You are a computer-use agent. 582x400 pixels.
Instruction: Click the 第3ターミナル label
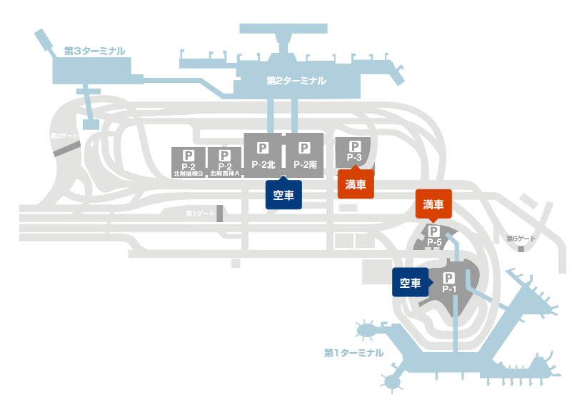click(94, 51)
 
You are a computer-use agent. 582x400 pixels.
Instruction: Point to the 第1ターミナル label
click(353, 353)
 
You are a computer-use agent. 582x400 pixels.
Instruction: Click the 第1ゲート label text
click(200, 214)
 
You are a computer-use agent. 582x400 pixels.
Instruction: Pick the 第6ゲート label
click(521, 239)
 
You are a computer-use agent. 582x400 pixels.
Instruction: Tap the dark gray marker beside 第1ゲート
click(220, 214)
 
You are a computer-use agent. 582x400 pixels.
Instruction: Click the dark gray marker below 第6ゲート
click(522, 249)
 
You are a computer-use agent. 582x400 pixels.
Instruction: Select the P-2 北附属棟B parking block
click(189, 162)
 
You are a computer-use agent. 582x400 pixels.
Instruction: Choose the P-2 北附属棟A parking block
click(224, 162)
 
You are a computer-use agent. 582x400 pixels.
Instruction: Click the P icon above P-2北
click(263, 149)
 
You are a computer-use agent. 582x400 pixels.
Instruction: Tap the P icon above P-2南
click(304, 149)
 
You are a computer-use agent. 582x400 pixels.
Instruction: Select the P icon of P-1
click(449, 278)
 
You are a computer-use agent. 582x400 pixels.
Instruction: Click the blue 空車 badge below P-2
click(284, 194)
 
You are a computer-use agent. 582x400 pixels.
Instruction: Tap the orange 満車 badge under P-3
click(356, 185)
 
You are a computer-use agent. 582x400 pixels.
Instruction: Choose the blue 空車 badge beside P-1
click(410, 283)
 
